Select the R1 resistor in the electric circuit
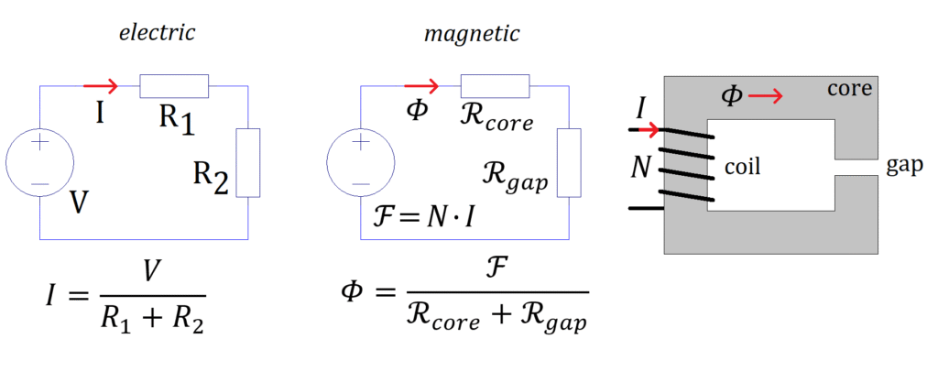174,86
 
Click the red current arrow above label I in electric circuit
101,86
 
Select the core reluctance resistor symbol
496,86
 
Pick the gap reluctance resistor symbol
569,163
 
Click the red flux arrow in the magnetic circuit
422,86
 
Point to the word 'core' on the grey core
850,90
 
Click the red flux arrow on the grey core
768,95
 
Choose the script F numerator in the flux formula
496,272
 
